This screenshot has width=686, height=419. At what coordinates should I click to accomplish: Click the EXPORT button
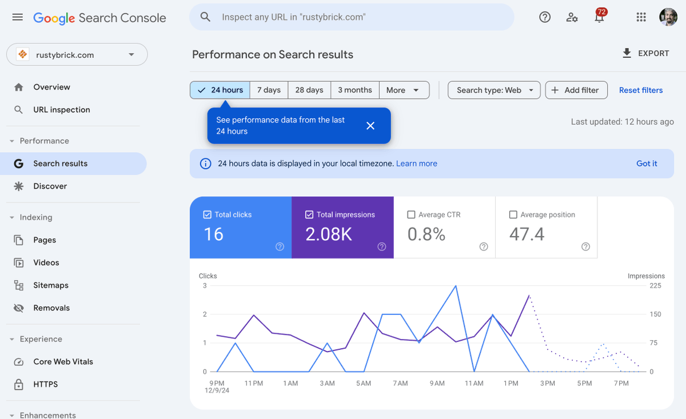(645, 53)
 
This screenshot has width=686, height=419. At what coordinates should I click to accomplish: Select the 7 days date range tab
(269, 90)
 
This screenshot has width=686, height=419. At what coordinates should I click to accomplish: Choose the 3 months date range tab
(354, 90)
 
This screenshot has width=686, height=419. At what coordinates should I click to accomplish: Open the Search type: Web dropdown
(494, 90)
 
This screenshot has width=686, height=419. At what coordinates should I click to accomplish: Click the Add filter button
(576, 90)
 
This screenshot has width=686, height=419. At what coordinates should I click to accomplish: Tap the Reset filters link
(641, 90)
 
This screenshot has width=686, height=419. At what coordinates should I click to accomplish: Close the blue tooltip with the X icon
(370, 126)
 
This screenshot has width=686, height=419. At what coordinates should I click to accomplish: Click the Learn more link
(416, 163)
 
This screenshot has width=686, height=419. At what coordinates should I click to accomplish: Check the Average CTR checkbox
(411, 215)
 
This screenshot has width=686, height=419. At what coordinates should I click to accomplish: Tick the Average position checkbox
(513, 215)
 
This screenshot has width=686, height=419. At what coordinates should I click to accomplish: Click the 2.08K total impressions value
(329, 234)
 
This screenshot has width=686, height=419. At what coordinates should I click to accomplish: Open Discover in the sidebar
(50, 186)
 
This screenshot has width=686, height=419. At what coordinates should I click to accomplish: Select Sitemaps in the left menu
(50, 285)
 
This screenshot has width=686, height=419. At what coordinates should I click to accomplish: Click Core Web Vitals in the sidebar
(63, 362)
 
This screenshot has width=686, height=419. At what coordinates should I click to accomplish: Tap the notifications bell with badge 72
(599, 17)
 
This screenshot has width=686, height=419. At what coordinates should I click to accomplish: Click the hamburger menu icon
(18, 17)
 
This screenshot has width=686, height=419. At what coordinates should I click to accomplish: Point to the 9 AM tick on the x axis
(437, 384)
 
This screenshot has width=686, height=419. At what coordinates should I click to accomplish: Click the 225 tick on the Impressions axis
(655, 286)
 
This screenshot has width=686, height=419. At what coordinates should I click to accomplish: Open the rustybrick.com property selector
(77, 55)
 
